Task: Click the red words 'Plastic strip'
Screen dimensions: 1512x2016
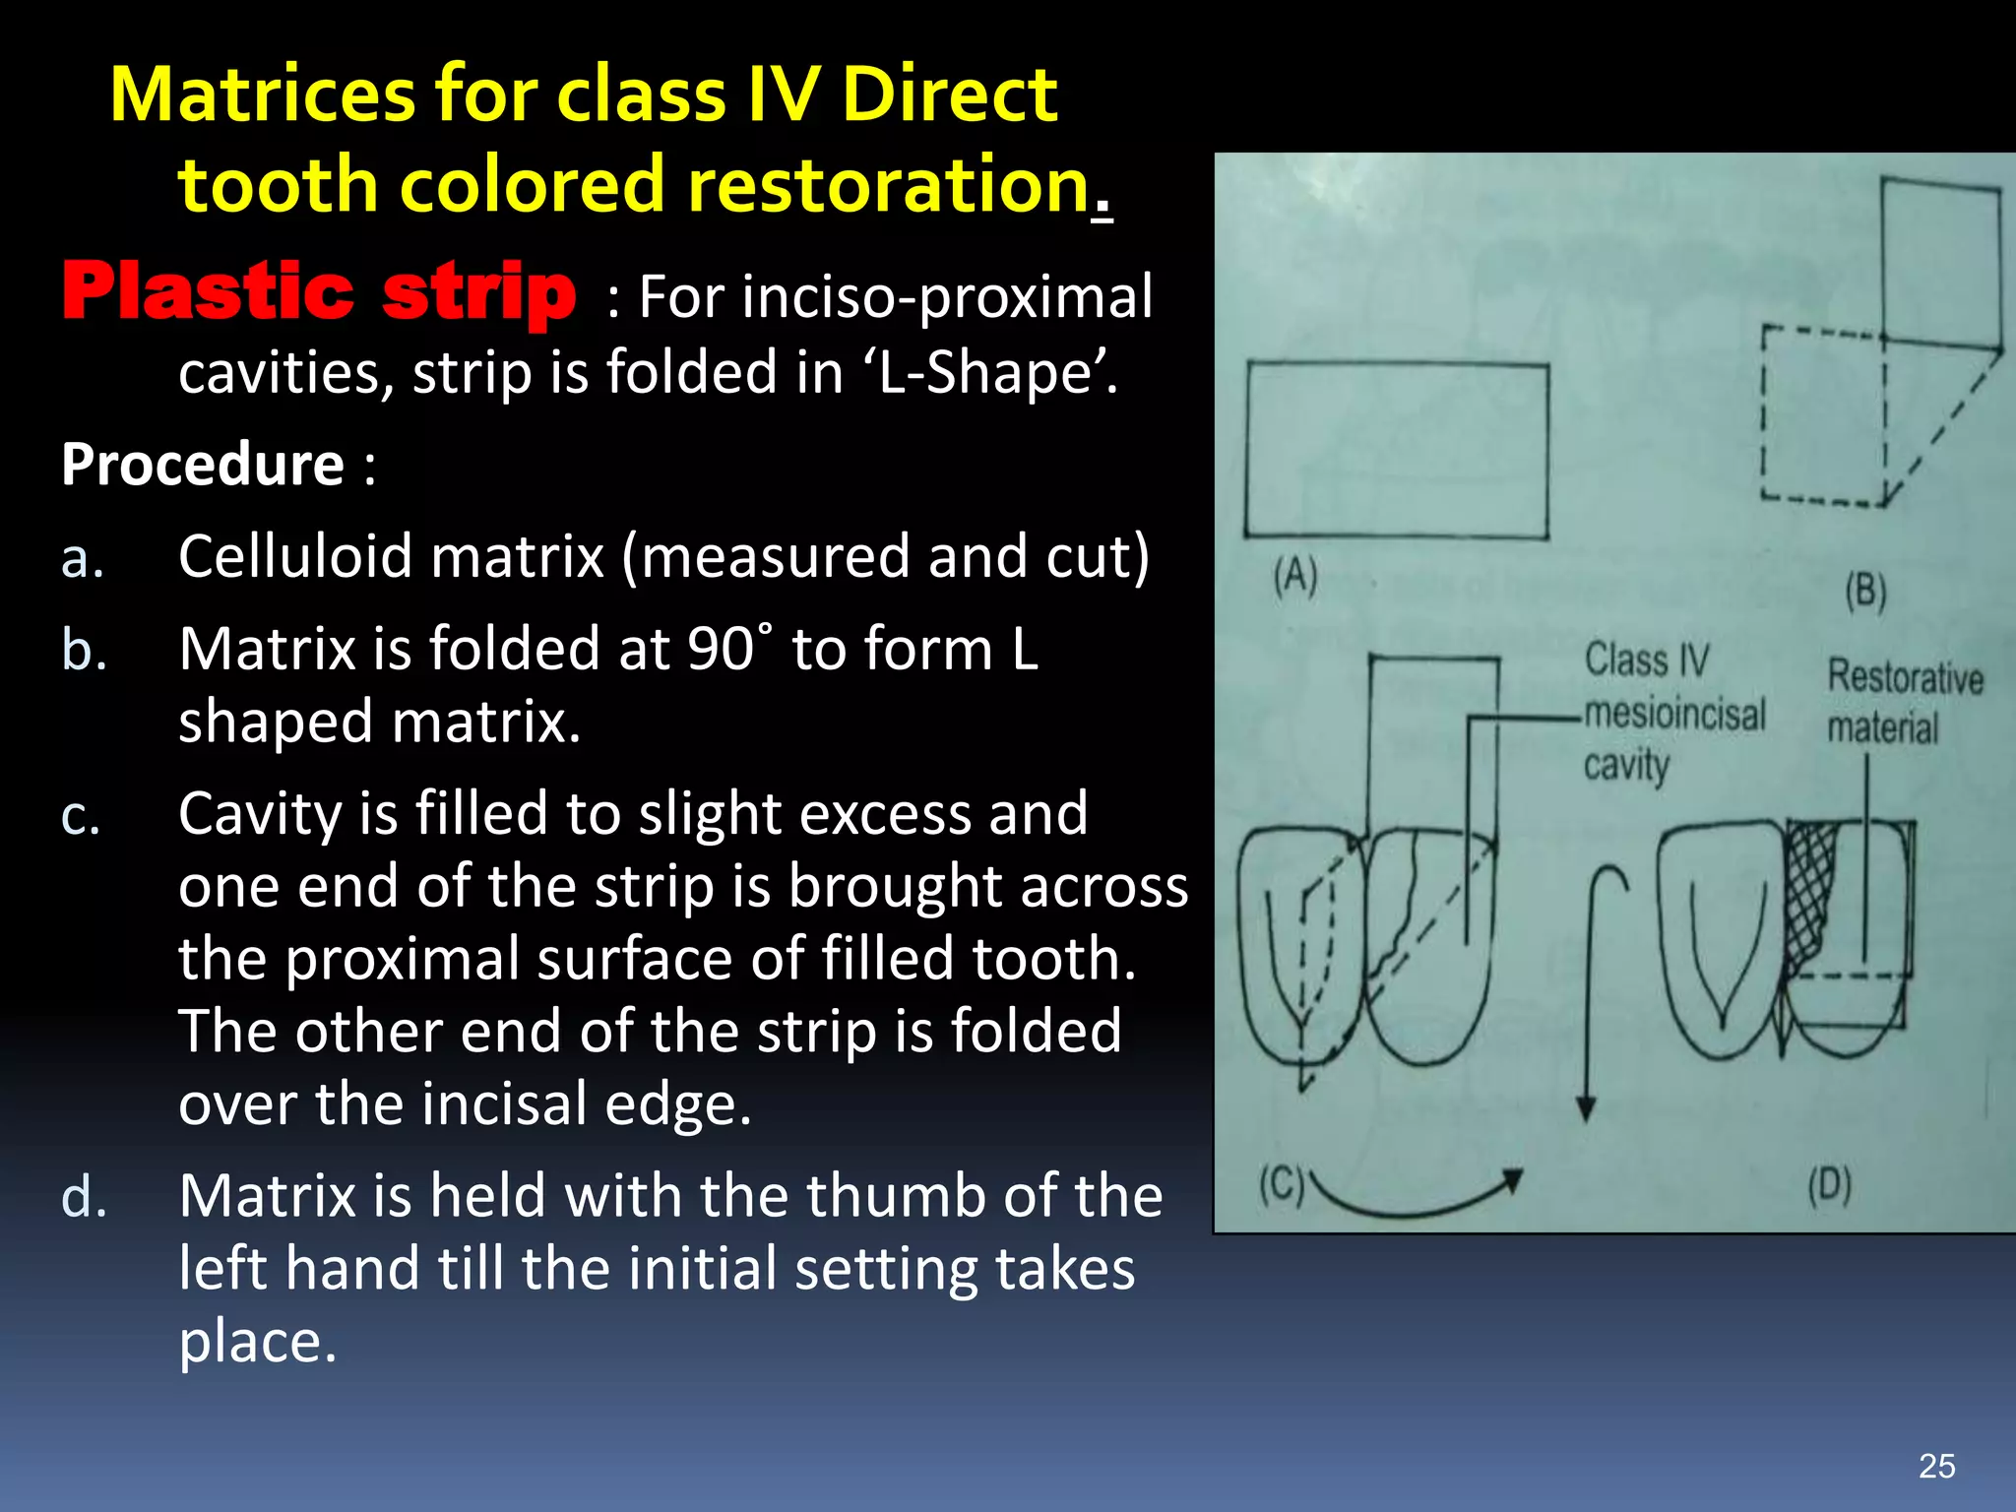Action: tap(318, 292)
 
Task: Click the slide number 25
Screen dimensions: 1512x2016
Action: tap(1936, 1466)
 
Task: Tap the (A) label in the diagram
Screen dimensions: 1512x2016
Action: tap(1294, 576)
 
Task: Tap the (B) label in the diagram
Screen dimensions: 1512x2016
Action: tap(1864, 592)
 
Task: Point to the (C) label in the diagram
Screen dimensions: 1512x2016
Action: tap(1281, 1185)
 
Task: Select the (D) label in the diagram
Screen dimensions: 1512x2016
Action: tap(1829, 1185)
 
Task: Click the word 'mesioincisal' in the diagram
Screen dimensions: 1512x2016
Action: tap(1674, 714)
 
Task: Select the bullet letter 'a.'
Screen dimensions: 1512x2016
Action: tap(83, 558)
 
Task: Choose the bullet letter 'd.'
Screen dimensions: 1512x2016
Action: tap(84, 1197)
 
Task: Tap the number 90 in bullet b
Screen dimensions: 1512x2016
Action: tap(721, 650)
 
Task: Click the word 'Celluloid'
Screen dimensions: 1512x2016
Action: tap(292, 556)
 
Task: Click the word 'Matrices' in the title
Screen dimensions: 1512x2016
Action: tap(262, 95)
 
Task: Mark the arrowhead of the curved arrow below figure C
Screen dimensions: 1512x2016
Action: tap(1512, 1179)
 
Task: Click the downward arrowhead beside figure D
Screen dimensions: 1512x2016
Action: tap(1586, 1109)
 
